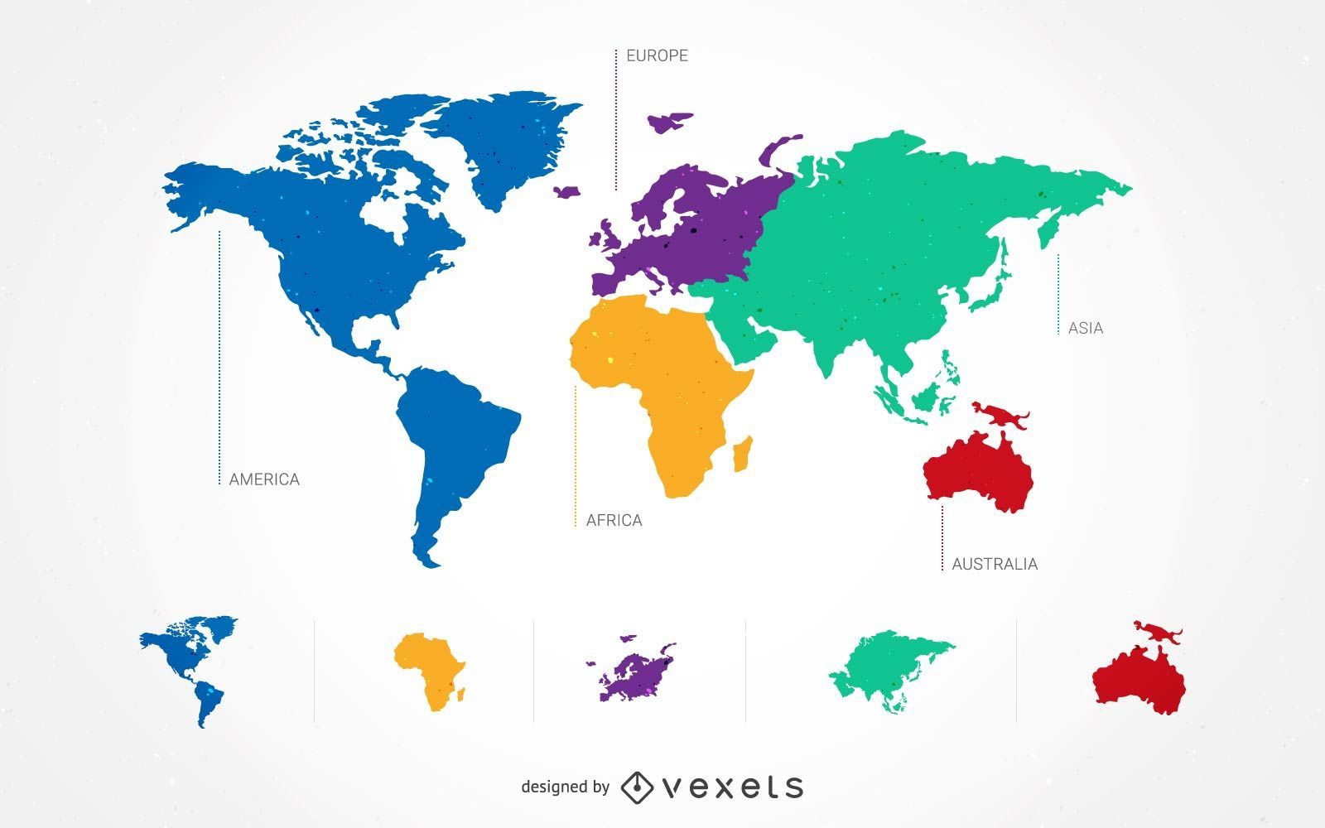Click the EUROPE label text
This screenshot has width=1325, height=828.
pos(657,55)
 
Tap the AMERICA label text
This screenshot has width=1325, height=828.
pos(264,479)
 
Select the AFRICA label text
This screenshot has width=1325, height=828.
pos(614,520)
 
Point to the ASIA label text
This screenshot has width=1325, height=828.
pos(1085,328)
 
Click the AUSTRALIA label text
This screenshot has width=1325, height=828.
pos(994,564)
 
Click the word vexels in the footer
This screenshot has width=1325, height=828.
pos(733,787)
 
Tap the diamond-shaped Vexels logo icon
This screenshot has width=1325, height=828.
pos(637,787)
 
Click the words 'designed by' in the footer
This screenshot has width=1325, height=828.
pos(566,787)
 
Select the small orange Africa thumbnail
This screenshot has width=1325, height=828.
pos(429,670)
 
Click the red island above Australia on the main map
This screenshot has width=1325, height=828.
pos(1000,413)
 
